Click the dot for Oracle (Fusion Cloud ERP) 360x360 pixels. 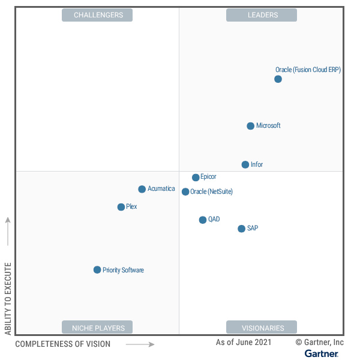278,79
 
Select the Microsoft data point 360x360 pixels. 250,126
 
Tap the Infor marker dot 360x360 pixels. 245,164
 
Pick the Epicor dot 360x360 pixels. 196,178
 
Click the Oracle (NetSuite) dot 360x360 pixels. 185,192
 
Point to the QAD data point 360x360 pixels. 203,220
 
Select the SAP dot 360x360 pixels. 241,229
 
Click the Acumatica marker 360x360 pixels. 142,189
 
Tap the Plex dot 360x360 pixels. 121,207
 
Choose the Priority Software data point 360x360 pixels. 97,270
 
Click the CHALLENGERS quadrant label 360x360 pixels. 98,15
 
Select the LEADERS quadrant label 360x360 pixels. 262,15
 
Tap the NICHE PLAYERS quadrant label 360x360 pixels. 98,328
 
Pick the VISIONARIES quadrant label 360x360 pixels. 262,328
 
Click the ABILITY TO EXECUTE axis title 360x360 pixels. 8,298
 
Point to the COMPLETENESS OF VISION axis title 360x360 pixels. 62,344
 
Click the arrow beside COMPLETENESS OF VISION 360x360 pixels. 140,344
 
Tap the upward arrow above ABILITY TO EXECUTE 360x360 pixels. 8,231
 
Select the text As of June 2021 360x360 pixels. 244,342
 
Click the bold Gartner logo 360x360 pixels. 321,353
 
